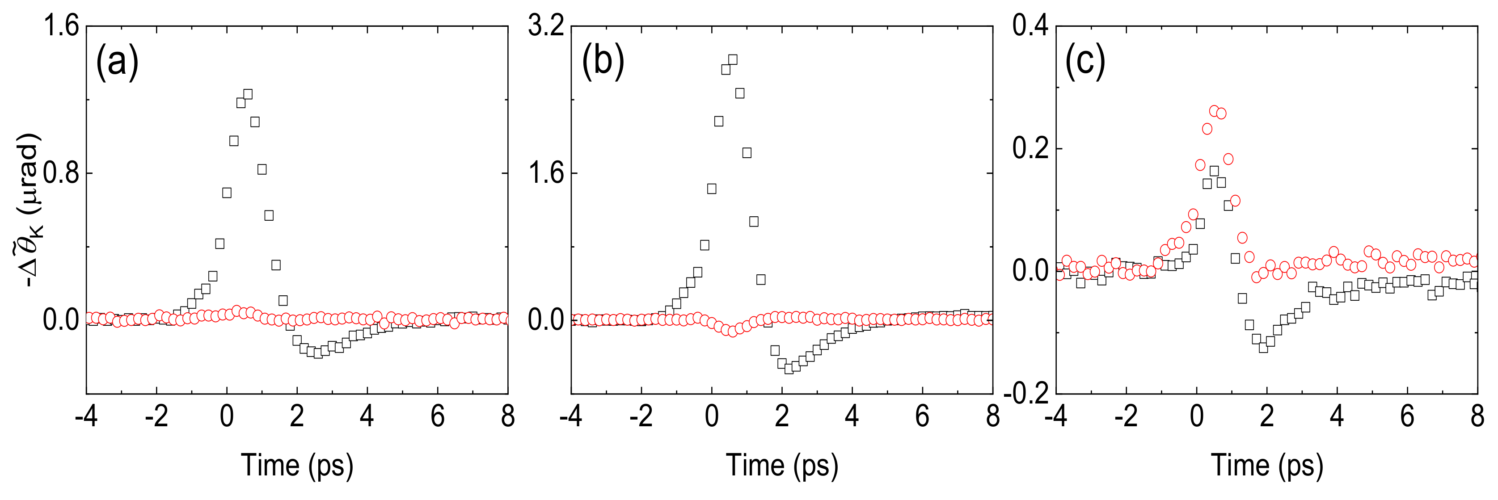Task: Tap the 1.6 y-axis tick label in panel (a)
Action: tap(61, 27)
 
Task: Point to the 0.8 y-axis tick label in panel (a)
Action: tap(61, 173)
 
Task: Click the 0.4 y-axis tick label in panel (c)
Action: tap(1030, 27)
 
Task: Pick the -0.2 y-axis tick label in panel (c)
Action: tap(1026, 394)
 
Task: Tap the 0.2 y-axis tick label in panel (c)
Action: tap(1030, 149)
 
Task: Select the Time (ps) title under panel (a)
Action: tap(297, 465)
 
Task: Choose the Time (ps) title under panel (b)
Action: tap(782, 465)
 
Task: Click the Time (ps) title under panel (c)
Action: tap(1267, 465)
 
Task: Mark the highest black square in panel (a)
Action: tap(248, 94)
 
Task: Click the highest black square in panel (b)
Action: tap(733, 60)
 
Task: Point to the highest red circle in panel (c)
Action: tap(1214, 111)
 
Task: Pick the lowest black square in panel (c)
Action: tap(1263, 348)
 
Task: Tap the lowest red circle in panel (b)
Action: tap(733, 332)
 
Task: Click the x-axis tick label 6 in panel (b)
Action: tap(922, 417)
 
